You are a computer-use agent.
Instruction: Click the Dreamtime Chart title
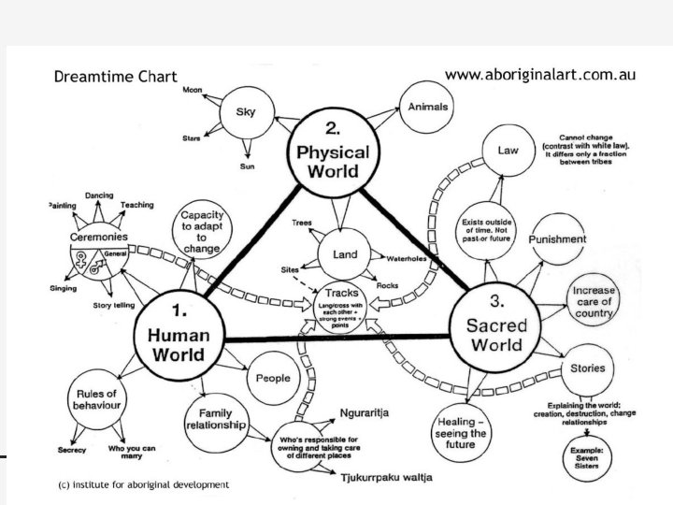coord(115,77)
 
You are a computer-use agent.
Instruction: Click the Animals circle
coord(428,107)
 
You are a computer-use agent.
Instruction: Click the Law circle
coord(508,151)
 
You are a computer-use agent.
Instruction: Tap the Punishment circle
coord(557,239)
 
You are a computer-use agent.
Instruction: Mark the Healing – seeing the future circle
coord(462,434)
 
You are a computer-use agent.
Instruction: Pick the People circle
coord(272,379)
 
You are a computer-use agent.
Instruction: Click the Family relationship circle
coord(213,417)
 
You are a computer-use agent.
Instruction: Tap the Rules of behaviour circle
coord(95,399)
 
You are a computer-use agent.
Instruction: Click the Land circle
coord(345,256)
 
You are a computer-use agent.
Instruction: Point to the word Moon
coord(193,90)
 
